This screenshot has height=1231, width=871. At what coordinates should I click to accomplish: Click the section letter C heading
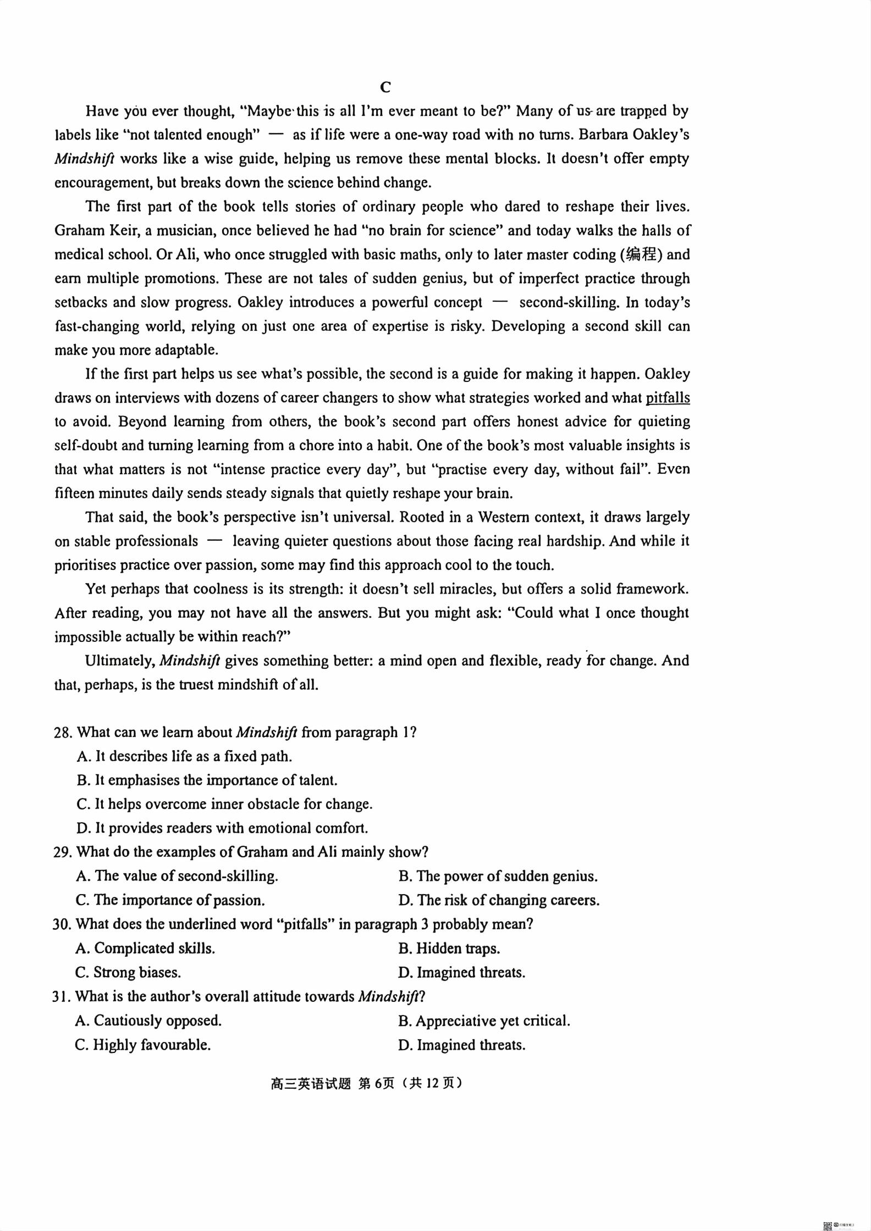(x=385, y=87)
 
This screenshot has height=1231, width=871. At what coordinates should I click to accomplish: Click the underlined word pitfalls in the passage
(x=668, y=398)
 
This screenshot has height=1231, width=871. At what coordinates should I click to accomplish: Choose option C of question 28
(x=224, y=805)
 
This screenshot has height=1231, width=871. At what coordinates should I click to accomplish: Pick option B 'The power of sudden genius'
(x=498, y=877)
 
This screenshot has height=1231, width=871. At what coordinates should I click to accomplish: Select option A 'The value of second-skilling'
(x=177, y=877)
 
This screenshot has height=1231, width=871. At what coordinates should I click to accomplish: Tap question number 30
(x=62, y=924)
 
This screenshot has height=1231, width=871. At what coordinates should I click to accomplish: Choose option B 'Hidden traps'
(x=449, y=949)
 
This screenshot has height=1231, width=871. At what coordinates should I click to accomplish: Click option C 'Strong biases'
(x=128, y=973)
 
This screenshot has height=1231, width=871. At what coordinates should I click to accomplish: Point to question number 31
(x=62, y=996)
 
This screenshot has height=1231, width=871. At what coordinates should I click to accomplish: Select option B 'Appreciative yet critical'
(x=484, y=1021)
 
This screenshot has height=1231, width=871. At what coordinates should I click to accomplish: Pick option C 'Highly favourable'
(x=143, y=1045)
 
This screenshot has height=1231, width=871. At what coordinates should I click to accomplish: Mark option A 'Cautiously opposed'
(x=148, y=1021)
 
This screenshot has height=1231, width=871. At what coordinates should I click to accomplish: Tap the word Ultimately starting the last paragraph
(x=119, y=661)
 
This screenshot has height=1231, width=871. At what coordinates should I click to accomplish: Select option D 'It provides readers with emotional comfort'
(x=222, y=828)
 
